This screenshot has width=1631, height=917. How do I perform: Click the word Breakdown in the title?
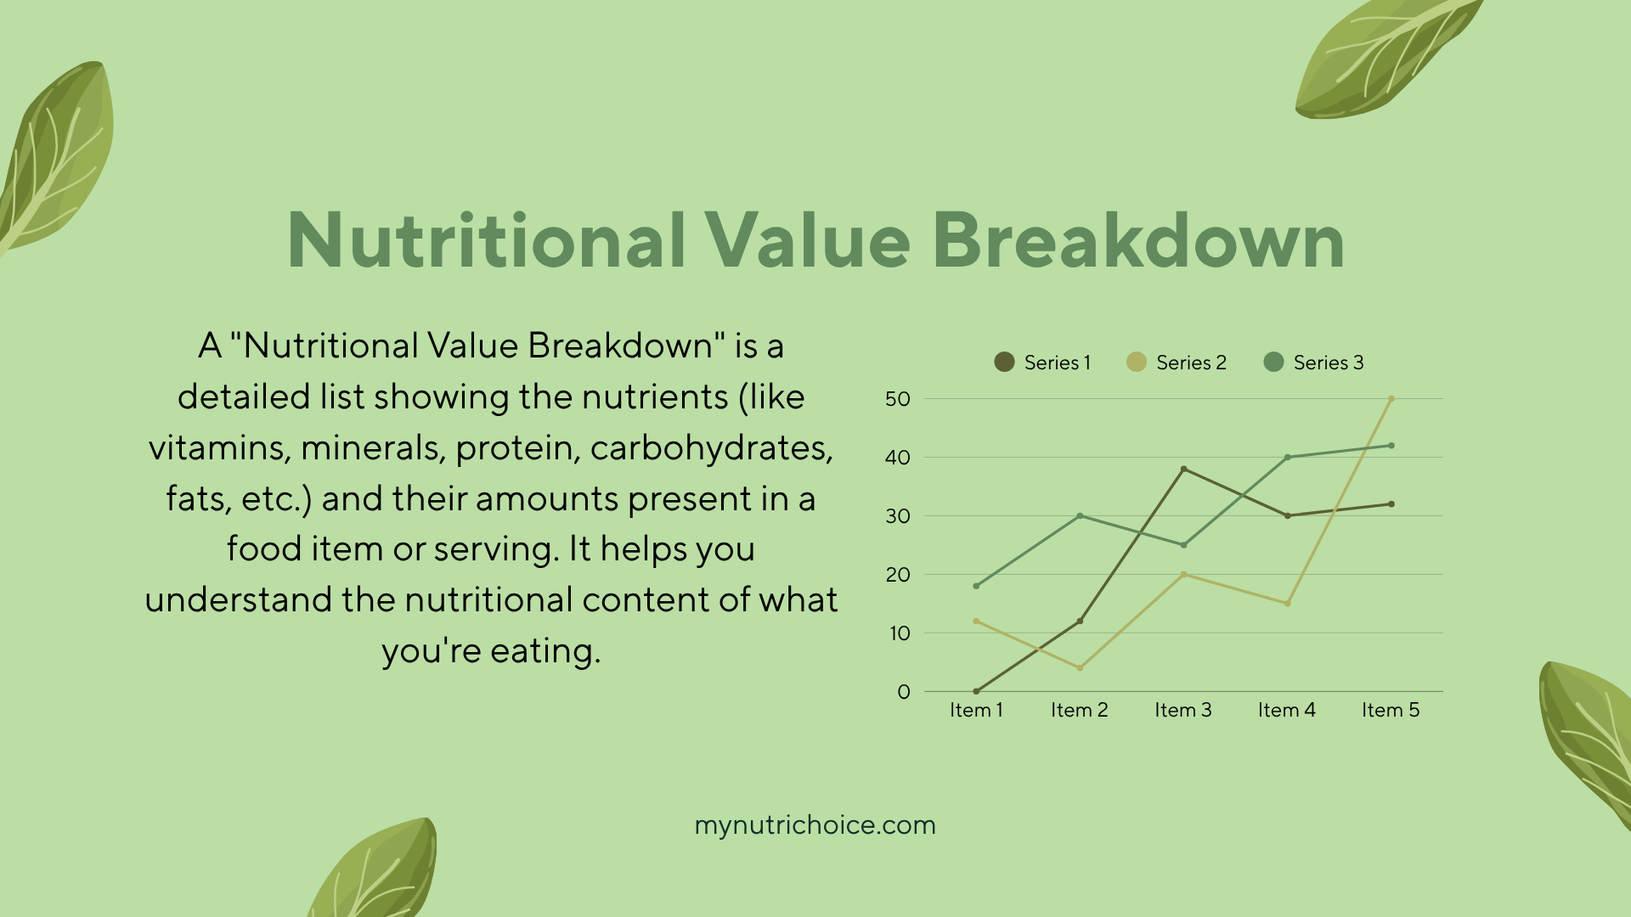click(x=1138, y=240)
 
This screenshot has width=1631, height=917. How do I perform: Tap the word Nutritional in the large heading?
click(x=487, y=240)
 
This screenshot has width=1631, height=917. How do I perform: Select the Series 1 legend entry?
click(x=1042, y=363)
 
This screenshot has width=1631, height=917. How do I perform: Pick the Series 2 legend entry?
click(x=1177, y=363)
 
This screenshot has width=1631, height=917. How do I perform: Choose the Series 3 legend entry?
click(x=1313, y=363)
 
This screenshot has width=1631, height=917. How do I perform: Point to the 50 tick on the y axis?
click(x=897, y=399)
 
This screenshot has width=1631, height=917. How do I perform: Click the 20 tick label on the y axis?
click(x=897, y=575)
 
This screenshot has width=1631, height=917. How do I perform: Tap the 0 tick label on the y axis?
click(x=904, y=692)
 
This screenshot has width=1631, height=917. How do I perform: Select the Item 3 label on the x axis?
click(x=1183, y=710)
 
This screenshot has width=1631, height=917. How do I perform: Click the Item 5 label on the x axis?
click(x=1391, y=710)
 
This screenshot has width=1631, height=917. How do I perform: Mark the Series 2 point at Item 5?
click(x=1391, y=399)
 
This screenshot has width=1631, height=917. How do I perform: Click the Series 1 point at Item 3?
click(x=1184, y=470)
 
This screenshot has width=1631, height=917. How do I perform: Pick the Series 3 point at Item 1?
click(x=976, y=586)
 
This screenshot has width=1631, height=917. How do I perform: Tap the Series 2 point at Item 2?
click(x=1081, y=668)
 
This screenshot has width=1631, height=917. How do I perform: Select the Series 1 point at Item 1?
click(x=976, y=691)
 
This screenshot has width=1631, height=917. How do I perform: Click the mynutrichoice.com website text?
click(x=815, y=825)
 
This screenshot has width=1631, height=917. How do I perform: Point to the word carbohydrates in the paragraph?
click(x=712, y=448)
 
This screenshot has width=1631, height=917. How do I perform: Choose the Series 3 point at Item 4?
click(x=1288, y=458)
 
